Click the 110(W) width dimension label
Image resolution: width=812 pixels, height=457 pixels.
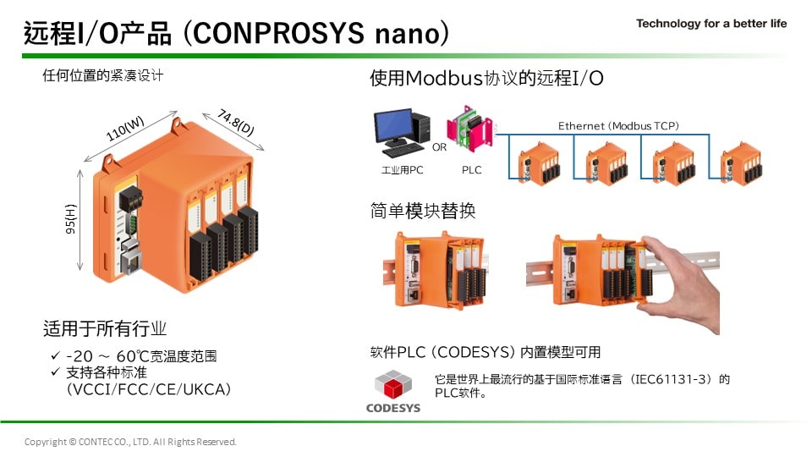click(x=125, y=129)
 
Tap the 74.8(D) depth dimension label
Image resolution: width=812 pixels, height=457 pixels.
click(x=236, y=122)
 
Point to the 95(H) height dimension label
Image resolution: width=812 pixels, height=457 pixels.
click(x=70, y=218)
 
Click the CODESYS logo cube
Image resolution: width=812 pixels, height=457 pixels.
click(x=393, y=385)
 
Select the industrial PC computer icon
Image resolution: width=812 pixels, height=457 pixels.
click(x=402, y=133)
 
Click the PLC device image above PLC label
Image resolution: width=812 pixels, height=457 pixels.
click(x=469, y=129)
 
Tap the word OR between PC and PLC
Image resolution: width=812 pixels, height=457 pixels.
click(x=439, y=147)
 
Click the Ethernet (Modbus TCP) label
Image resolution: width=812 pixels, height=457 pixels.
click(x=618, y=126)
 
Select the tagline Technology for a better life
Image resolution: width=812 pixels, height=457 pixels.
click(x=711, y=24)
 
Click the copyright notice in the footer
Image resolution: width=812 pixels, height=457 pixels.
click(x=130, y=442)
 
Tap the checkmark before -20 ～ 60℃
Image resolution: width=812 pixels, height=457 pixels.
click(x=56, y=355)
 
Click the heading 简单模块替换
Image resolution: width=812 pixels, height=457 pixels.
click(x=423, y=211)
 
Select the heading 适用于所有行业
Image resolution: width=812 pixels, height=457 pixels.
click(x=105, y=328)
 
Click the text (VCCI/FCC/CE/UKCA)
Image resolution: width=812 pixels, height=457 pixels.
click(x=149, y=389)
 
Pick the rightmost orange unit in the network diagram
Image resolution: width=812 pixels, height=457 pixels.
click(x=742, y=163)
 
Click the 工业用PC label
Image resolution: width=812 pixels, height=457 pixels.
click(x=402, y=170)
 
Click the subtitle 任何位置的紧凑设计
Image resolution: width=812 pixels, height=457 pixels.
click(x=102, y=75)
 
